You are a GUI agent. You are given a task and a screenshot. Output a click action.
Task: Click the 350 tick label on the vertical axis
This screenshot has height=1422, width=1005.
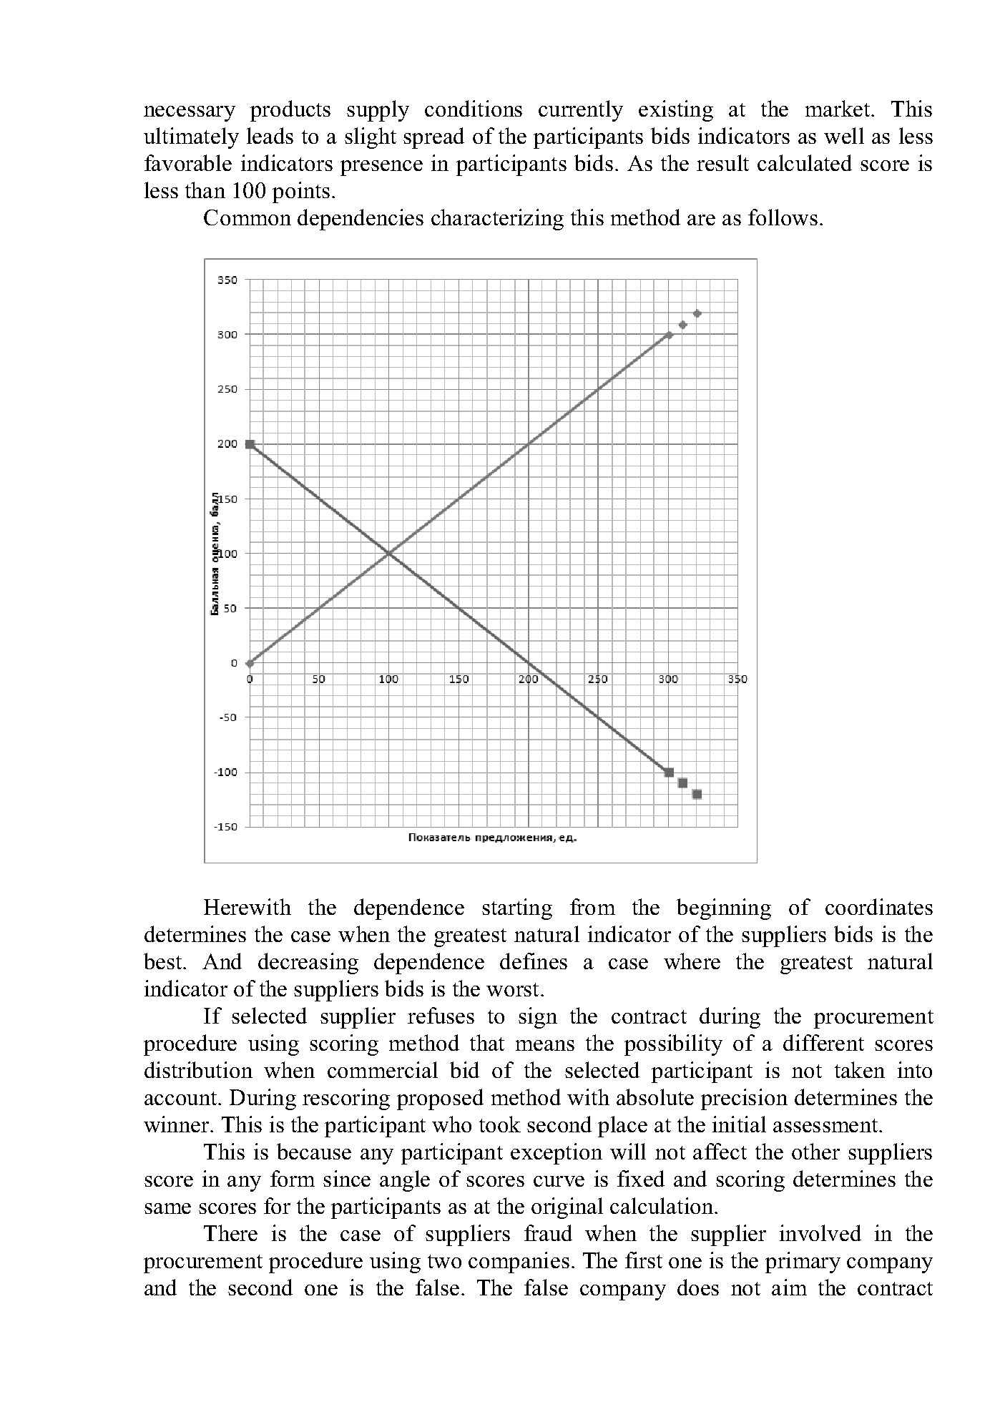click(x=227, y=280)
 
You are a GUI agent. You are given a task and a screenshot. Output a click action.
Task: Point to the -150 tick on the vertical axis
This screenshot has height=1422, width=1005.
click(x=225, y=827)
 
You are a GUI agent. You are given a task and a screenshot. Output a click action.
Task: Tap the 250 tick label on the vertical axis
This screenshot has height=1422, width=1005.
click(x=227, y=389)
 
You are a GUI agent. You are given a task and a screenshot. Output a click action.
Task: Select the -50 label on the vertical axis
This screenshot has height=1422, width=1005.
click(x=227, y=717)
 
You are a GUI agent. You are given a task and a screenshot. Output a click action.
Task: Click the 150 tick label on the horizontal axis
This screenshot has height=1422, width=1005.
click(x=459, y=679)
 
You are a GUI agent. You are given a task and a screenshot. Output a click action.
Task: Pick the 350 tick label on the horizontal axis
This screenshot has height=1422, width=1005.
click(x=737, y=679)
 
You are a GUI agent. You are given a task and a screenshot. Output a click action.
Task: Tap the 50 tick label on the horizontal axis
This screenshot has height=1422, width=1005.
click(x=319, y=679)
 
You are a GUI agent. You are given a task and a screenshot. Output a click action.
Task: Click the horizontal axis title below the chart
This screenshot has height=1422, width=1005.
click(x=492, y=838)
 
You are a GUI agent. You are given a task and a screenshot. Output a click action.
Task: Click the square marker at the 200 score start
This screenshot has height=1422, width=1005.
click(x=250, y=444)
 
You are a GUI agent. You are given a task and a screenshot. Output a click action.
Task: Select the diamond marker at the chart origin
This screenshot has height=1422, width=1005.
click(x=250, y=663)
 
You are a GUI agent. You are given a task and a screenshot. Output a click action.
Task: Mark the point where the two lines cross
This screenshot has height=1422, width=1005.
click(x=388, y=553)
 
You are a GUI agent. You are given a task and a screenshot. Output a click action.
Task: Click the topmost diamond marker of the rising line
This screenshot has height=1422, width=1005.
click(x=697, y=313)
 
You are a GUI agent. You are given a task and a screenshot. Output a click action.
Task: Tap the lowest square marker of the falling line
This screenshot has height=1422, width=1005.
click(x=697, y=794)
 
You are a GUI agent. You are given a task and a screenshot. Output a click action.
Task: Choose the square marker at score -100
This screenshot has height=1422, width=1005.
click(x=669, y=773)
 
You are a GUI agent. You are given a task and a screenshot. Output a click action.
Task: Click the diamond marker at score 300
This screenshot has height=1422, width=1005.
click(x=669, y=335)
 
